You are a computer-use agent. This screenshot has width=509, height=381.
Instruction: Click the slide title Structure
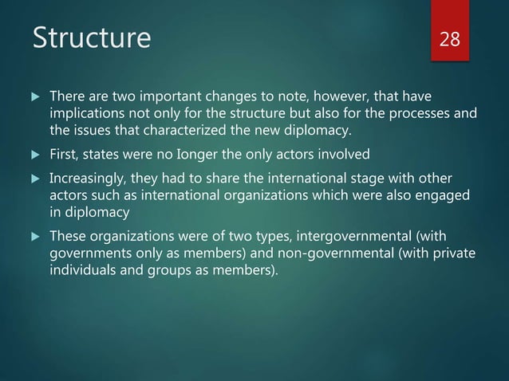coord(89,38)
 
